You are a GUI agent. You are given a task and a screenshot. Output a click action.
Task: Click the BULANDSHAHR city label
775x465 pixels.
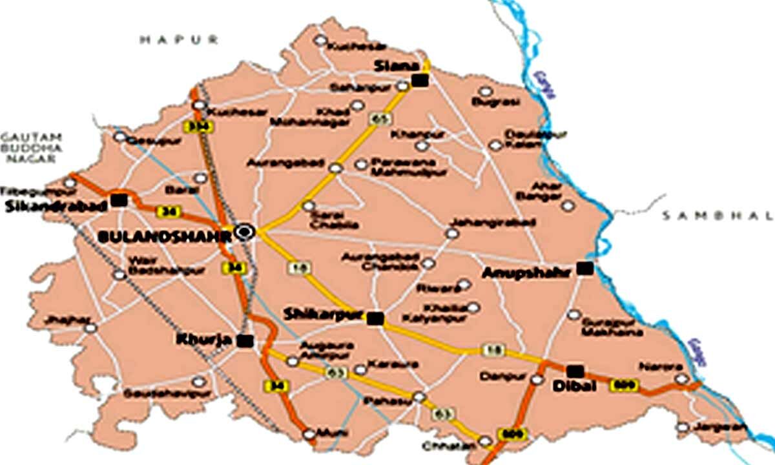tap(164, 237)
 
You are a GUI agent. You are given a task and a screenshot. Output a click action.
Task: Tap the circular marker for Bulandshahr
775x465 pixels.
tap(245, 232)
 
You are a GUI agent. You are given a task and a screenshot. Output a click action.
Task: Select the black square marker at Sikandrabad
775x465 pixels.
tap(118, 200)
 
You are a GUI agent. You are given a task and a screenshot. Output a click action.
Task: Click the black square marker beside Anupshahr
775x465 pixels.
tap(584, 268)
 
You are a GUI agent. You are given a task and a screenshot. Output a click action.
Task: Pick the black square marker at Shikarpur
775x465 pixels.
tap(375, 318)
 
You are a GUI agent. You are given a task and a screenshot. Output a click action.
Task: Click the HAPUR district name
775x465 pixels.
tap(180, 40)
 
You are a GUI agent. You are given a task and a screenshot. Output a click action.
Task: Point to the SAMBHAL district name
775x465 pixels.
tap(717, 216)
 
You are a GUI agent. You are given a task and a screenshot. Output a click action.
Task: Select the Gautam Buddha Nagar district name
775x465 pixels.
tap(31, 147)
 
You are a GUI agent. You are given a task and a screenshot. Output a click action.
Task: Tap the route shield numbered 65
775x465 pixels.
tap(378, 119)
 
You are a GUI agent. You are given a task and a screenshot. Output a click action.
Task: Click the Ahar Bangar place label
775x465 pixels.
tap(548, 191)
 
